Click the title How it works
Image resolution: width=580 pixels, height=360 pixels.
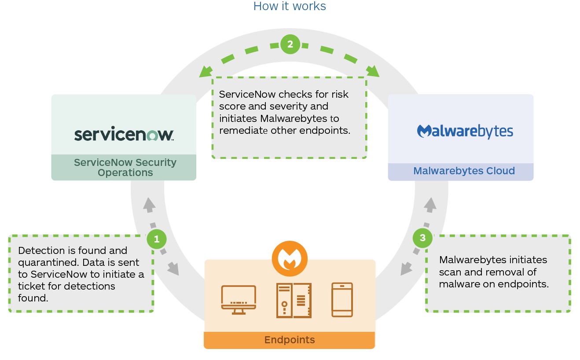tap(290, 6)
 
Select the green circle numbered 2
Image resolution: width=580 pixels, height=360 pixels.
tap(290, 44)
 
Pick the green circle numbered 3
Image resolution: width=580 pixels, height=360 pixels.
tap(422, 238)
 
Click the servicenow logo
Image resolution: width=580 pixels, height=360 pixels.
tap(124, 134)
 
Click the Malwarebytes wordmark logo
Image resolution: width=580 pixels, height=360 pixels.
tap(465, 131)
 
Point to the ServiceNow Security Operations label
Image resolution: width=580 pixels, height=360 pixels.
tap(125, 167)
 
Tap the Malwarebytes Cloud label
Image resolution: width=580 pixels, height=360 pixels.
tap(464, 171)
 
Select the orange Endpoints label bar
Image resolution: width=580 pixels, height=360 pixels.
tap(289, 340)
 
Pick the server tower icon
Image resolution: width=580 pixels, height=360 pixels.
tap(294, 300)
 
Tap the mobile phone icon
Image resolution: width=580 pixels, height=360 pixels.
tap(342, 300)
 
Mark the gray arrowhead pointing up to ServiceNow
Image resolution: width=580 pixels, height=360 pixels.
tap(149, 203)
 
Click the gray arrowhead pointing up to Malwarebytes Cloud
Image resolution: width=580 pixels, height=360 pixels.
tap(430, 204)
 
